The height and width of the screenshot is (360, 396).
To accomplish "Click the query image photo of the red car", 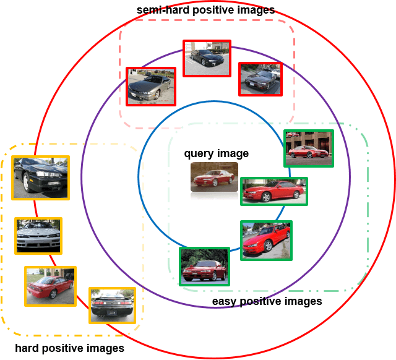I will [x=214, y=177].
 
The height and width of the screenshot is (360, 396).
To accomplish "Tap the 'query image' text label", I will [x=216, y=153].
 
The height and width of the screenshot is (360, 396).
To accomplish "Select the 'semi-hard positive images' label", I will [x=206, y=10].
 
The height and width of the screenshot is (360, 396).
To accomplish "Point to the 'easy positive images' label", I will [x=267, y=301].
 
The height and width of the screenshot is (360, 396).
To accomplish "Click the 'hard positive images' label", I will [x=69, y=348].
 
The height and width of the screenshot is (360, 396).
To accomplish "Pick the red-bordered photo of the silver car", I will [x=150, y=86].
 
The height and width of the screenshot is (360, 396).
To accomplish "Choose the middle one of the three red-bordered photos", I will [x=207, y=58].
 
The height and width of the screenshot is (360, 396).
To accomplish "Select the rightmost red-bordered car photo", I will [x=260, y=79].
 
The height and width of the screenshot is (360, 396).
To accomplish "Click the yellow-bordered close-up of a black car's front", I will [x=40, y=178].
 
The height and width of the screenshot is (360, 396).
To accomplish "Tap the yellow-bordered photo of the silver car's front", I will [x=38, y=236].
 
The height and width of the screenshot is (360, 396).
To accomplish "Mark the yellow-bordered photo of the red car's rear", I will [x=50, y=286].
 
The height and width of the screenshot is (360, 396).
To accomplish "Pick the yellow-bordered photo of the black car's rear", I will [x=112, y=305].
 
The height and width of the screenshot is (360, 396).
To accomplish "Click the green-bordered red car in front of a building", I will [x=308, y=148].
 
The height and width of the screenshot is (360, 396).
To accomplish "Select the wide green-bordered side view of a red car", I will [x=273, y=191].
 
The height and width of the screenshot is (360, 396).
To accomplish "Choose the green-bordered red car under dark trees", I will [x=204, y=267].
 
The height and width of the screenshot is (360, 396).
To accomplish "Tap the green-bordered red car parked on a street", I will [x=266, y=240].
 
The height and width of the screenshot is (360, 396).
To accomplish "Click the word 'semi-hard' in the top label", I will [x=159, y=10].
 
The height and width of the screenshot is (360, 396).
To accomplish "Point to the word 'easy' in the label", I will [x=223, y=301].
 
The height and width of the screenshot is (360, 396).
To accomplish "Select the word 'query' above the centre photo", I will [x=197, y=154].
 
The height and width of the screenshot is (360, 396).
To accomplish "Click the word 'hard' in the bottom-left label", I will [x=27, y=348].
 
